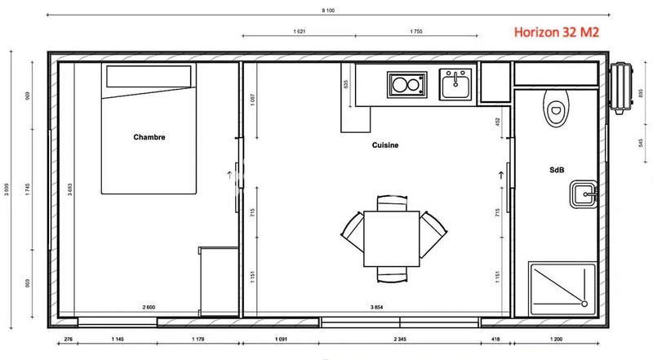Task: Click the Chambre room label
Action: [149, 137]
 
